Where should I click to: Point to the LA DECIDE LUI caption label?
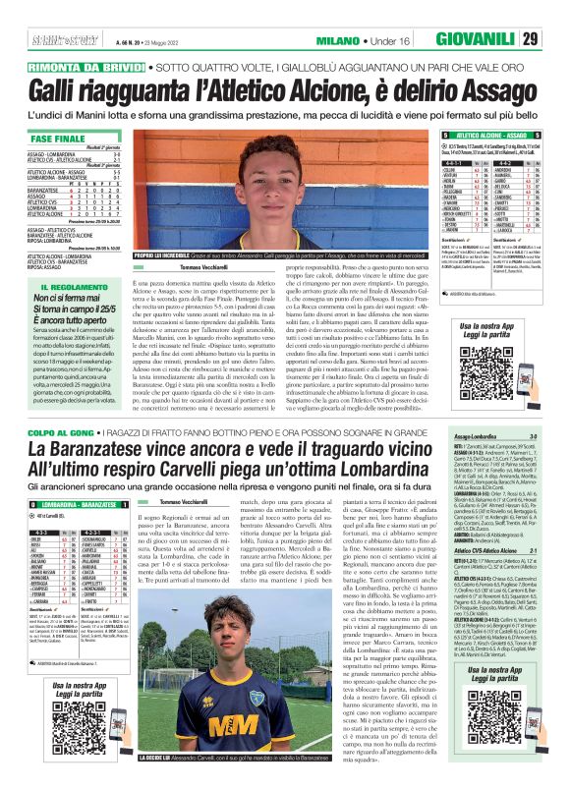pos(162,772)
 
